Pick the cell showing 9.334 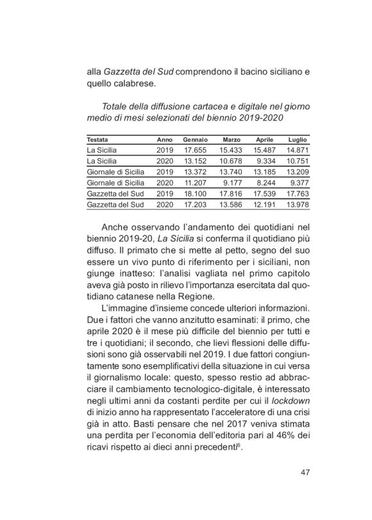[x=266, y=160]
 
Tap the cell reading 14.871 [x=297, y=149]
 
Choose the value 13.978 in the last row [x=297, y=204]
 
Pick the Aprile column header [x=265, y=139]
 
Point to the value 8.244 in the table [x=266, y=182]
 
